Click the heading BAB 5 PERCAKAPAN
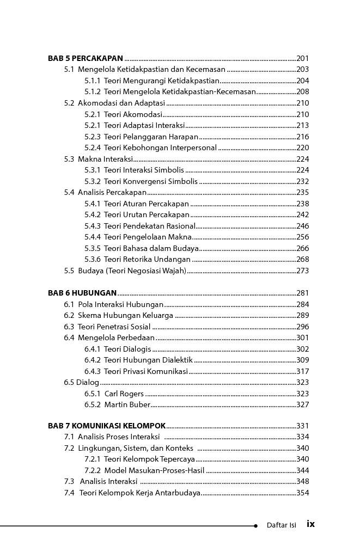pyautogui.click(x=86, y=58)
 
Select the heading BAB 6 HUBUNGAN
pyautogui.click(x=82, y=293)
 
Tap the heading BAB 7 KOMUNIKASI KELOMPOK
pyautogui.click(x=107, y=426)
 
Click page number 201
pyautogui.click(x=303, y=58)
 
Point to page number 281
pyautogui.click(x=303, y=293)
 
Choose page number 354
pyautogui.click(x=303, y=493)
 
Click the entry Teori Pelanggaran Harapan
pyautogui.click(x=151, y=137)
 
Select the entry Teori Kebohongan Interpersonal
pyautogui.click(x=160, y=148)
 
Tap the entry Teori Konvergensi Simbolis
pyautogui.click(x=151, y=181)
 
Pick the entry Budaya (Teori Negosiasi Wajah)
pyautogui.click(x=132, y=271)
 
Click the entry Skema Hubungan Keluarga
pyautogui.click(x=125, y=315)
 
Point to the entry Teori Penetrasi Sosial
pyautogui.click(x=114, y=327)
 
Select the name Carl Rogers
pyautogui.click(x=124, y=394)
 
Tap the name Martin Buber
pyautogui.click(x=127, y=404)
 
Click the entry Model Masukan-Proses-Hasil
pyautogui.click(x=154, y=470)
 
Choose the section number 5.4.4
pyautogui.click(x=93, y=237)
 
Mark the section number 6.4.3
pyautogui.click(x=93, y=371)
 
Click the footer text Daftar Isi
pyautogui.click(x=281, y=525)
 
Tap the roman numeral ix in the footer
pyautogui.click(x=310, y=524)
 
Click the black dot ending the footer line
pyautogui.click(x=255, y=526)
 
